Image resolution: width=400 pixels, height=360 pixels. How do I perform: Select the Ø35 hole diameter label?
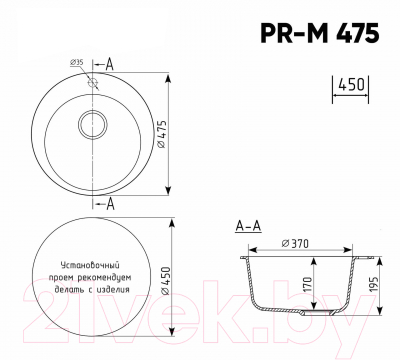click(x=77, y=63)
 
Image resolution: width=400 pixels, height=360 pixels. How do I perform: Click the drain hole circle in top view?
click(x=96, y=127)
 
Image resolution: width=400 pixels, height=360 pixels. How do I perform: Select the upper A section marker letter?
click(x=110, y=62)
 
